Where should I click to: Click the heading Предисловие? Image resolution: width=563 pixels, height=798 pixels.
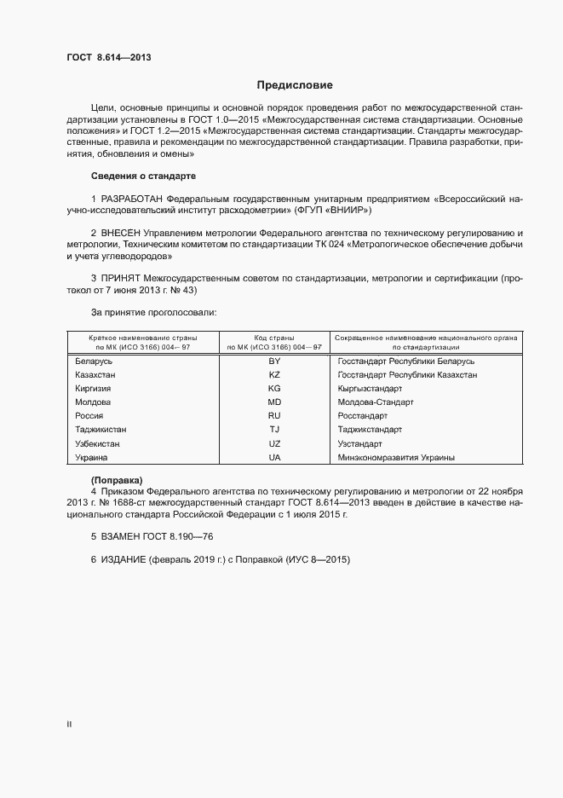(296, 85)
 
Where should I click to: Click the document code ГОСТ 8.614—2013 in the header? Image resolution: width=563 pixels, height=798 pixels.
(109, 59)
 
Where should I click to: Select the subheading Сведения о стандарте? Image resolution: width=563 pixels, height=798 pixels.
(143, 176)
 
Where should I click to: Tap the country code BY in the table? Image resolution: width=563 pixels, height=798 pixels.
(274, 361)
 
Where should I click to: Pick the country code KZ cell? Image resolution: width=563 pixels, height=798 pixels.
(274, 374)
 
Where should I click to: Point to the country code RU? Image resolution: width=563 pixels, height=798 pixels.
(274, 416)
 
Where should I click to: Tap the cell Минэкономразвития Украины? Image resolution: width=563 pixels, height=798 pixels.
(396, 458)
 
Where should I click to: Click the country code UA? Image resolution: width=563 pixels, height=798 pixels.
(274, 458)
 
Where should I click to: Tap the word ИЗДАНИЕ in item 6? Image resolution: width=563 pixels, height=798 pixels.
(124, 560)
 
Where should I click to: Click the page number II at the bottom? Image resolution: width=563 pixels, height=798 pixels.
(69, 724)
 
